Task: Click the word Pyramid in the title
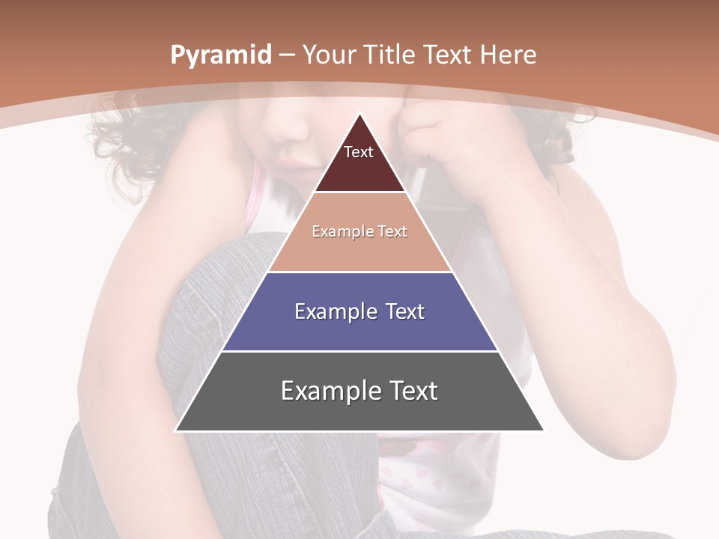(220, 55)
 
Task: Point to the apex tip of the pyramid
(359, 115)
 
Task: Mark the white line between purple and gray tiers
(359, 351)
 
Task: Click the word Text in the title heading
(446, 55)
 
